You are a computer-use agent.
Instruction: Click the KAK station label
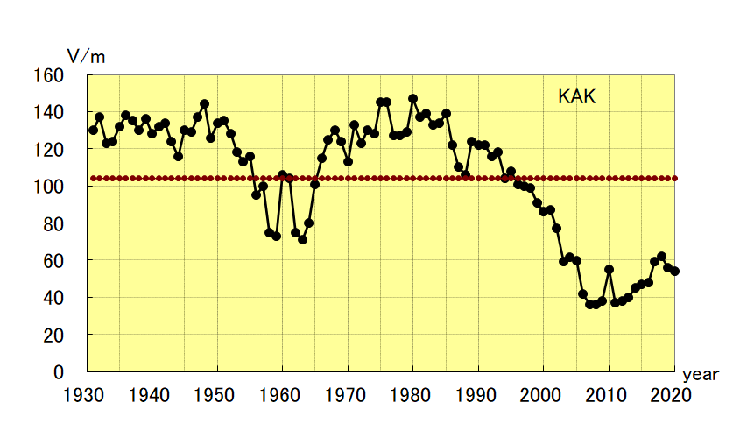tap(576, 97)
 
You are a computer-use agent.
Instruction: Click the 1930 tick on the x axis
tap(87, 394)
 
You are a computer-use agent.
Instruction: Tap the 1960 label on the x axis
tap(282, 394)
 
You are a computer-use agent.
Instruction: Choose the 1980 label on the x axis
tap(412, 394)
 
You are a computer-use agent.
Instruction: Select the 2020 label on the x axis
tap(673, 394)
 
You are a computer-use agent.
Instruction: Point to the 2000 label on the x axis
tap(543, 394)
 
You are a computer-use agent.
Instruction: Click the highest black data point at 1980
tap(412, 99)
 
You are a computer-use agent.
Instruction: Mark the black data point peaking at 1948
tap(204, 104)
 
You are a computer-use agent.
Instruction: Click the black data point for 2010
tap(609, 270)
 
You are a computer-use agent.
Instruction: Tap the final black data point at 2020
tap(674, 272)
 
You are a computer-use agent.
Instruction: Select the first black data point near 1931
tap(93, 131)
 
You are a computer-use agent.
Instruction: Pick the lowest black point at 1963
tap(302, 239)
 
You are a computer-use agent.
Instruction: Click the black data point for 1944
tap(178, 156)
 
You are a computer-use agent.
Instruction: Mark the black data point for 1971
tap(354, 124)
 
